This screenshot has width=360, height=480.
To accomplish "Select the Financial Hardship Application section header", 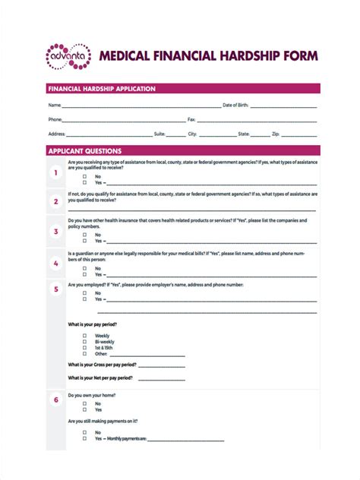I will click(x=102, y=89).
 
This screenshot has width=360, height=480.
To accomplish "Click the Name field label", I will click(x=55, y=105).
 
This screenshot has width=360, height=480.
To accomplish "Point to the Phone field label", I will click(x=55, y=119).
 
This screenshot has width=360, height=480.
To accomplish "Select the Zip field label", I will click(x=276, y=134).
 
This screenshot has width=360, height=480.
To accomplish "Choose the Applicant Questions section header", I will click(x=85, y=151).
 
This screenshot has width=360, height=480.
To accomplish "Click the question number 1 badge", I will click(x=55, y=173).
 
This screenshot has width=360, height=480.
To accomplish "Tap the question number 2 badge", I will click(x=55, y=201).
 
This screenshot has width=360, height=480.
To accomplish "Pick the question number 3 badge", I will click(x=55, y=231).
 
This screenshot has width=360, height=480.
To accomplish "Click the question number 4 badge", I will click(x=55, y=263).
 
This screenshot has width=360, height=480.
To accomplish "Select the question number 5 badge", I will click(x=55, y=289).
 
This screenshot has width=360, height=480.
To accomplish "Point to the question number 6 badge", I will click(x=55, y=399).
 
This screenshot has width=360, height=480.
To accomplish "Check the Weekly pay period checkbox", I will click(x=84, y=336).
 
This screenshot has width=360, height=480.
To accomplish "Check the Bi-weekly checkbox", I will click(x=84, y=342).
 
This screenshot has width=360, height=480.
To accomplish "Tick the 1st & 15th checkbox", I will click(x=84, y=348).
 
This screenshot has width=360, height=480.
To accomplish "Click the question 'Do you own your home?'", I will click(x=91, y=396).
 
